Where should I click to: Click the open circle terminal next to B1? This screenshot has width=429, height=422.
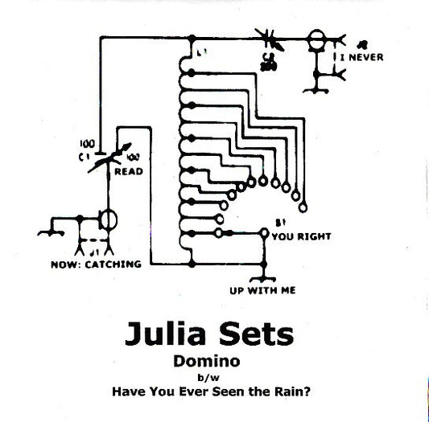tap(262, 231)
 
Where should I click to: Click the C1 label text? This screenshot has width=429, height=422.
tap(84, 158)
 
